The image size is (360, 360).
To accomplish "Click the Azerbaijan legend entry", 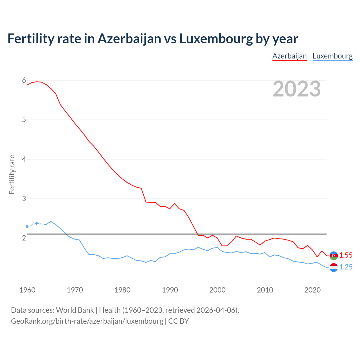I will (x=289, y=56).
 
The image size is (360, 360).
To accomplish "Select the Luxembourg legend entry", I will (x=332, y=56).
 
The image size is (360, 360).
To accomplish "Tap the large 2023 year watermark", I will (x=297, y=89).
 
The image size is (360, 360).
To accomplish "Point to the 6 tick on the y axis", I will (x=24, y=80).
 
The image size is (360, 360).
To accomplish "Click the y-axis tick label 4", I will (x=24, y=159).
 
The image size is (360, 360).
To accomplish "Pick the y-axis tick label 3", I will (x=24, y=199).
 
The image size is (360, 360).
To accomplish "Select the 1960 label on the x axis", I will (x=27, y=290).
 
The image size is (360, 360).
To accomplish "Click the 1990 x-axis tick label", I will (x=170, y=290).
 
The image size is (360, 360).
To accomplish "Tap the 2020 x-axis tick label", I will (x=312, y=290).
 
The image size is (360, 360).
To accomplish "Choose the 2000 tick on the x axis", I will (x=217, y=290).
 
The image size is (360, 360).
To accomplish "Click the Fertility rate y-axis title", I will (x=12, y=174).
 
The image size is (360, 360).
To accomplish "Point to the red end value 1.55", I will (x=346, y=255).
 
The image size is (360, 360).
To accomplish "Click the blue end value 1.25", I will (x=346, y=267).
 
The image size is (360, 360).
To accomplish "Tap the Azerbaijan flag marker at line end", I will (x=334, y=255).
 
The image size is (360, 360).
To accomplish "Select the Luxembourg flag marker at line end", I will (x=334, y=267).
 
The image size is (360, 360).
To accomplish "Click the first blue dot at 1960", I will (x=27, y=226).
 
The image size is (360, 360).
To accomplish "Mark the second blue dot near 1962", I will (x=37, y=223).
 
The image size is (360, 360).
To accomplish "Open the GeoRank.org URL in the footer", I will (x=87, y=321).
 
